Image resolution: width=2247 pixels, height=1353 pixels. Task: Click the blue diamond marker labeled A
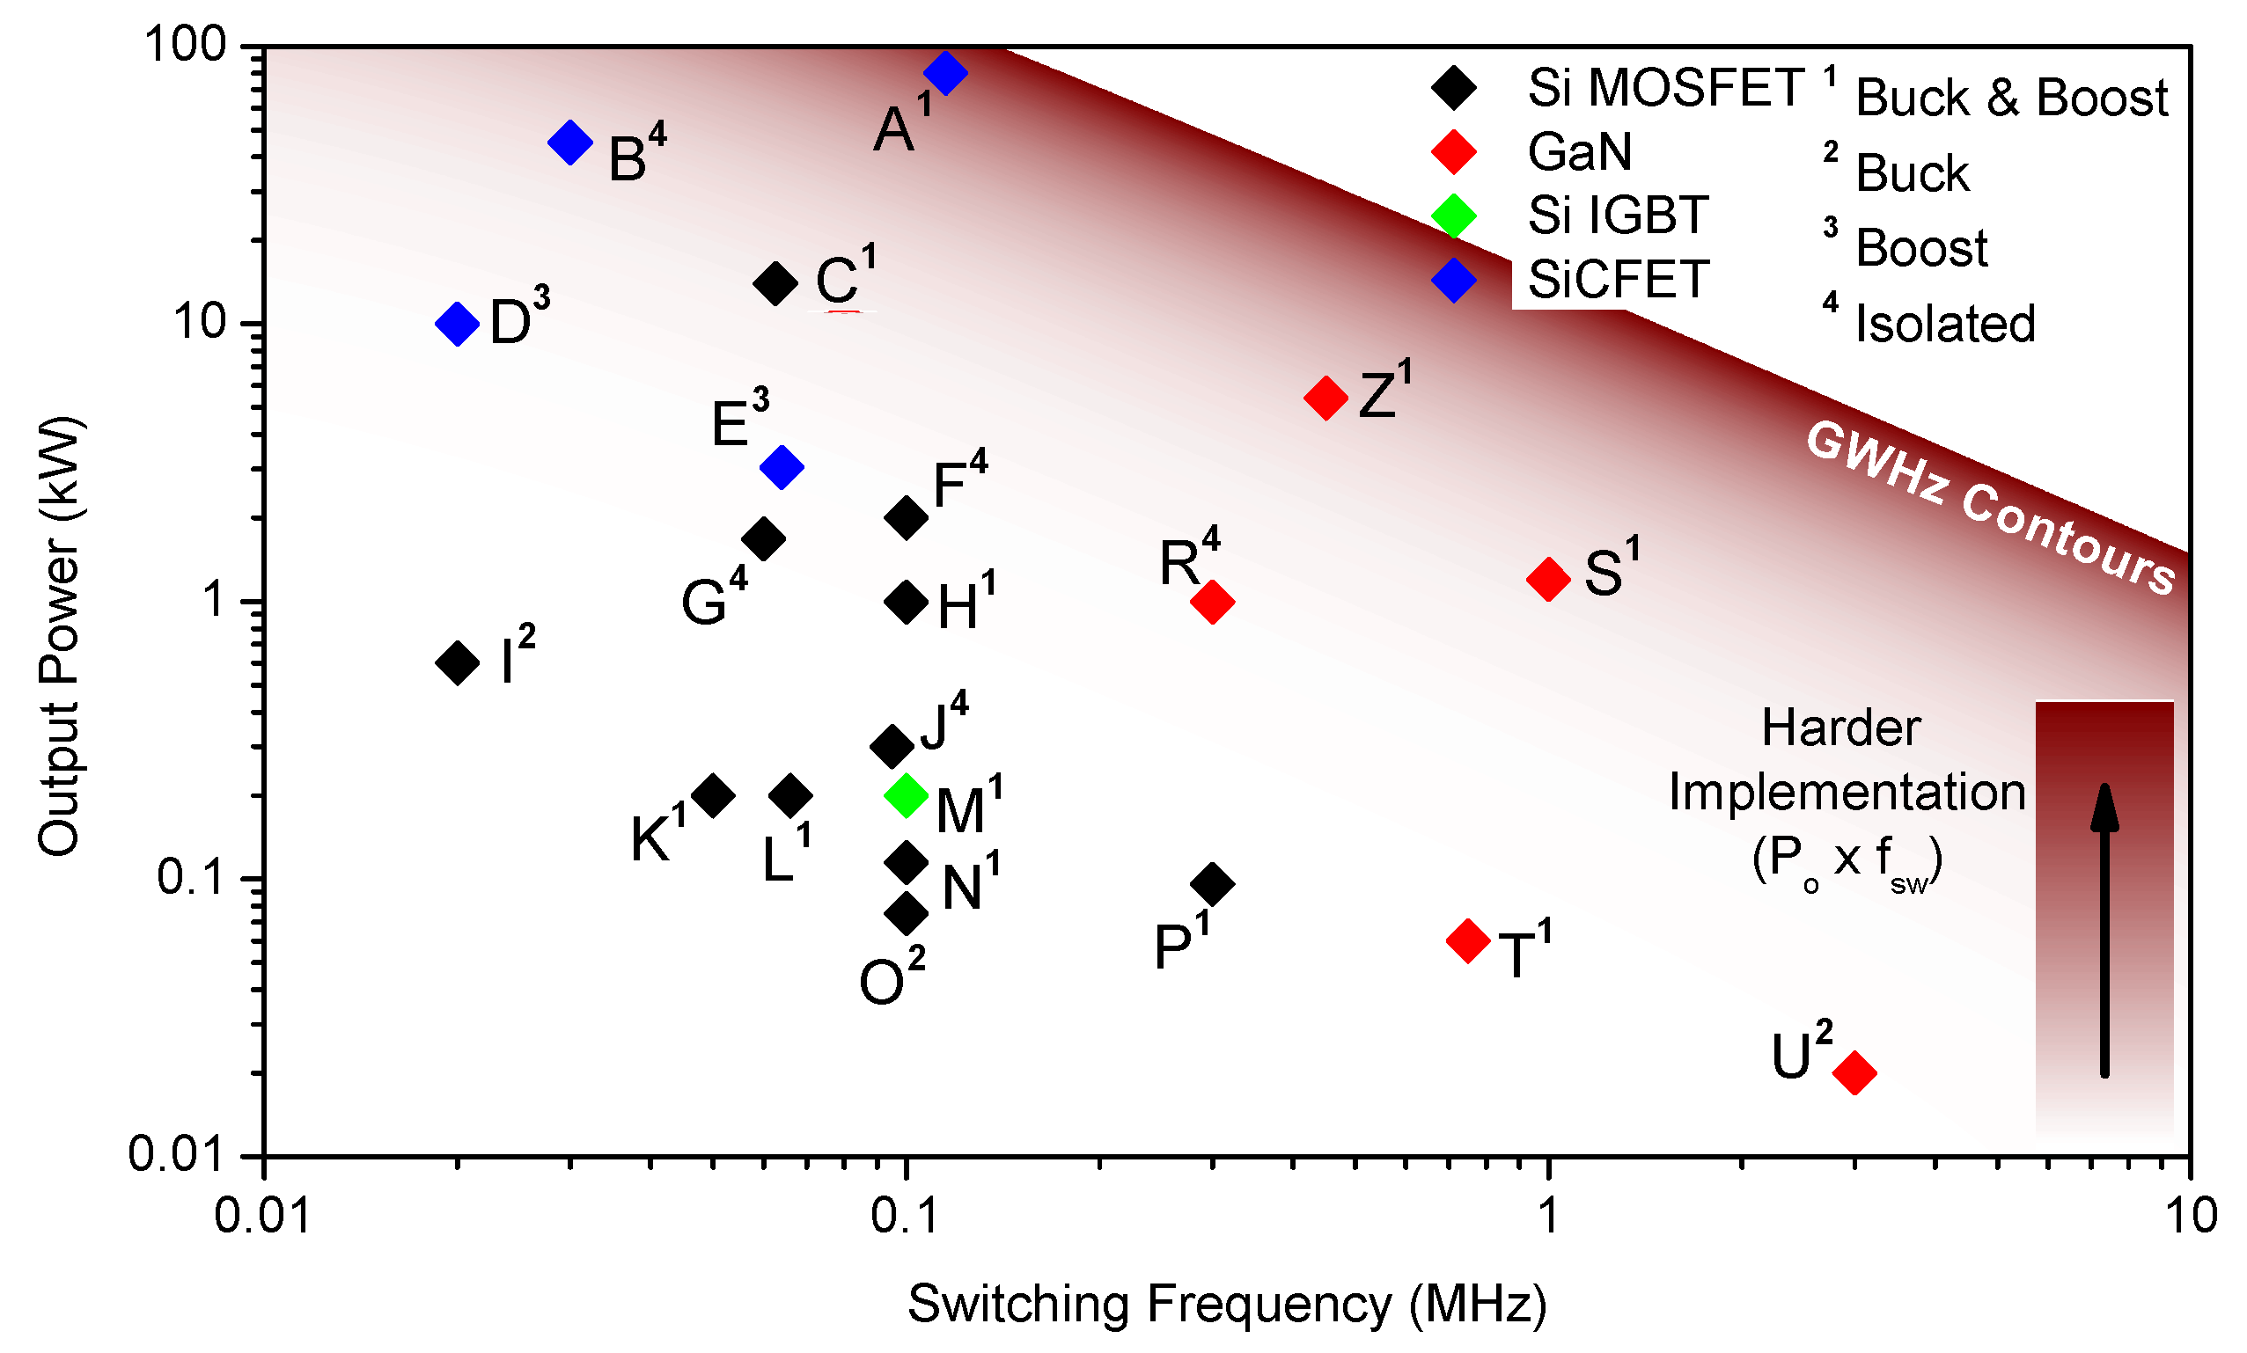tap(945, 73)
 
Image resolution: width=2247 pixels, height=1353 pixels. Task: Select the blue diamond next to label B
tap(571, 143)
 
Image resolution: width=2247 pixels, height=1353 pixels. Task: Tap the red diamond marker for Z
tap(1326, 398)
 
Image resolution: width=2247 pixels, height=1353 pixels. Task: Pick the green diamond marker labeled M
tap(906, 795)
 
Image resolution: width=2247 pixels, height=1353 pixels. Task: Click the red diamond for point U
tap(1854, 1072)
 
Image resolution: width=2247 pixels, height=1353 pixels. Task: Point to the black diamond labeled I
tap(458, 662)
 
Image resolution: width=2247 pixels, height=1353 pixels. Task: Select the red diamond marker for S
tap(1548, 578)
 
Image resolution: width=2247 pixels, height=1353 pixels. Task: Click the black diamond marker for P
tap(1213, 882)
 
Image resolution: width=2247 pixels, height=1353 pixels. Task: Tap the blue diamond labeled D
tap(458, 324)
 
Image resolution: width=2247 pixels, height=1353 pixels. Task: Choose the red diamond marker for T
tap(1468, 940)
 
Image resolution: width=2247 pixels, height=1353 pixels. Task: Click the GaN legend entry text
tap(1580, 152)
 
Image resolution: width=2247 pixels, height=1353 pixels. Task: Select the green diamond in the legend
tap(1454, 216)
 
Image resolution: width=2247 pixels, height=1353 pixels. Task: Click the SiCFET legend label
tap(1618, 279)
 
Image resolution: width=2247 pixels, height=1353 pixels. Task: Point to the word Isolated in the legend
tap(1945, 325)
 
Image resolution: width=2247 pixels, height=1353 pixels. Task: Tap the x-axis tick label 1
tap(1548, 1216)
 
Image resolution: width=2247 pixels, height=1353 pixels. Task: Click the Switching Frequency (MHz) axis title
tap(1228, 1304)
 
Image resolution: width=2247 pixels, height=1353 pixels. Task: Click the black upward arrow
tap(2104, 930)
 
